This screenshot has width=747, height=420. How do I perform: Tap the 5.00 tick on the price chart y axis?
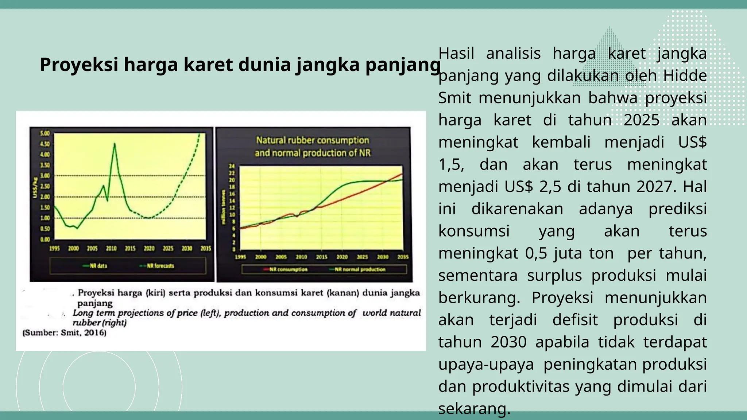[44, 133]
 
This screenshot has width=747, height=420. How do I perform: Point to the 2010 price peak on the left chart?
[115, 144]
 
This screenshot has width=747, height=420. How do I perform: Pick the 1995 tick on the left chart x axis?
[54, 248]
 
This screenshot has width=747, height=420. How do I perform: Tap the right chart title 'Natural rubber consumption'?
[312, 140]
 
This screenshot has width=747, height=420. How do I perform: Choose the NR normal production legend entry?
[360, 269]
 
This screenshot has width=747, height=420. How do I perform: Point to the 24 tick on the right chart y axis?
[232, 166]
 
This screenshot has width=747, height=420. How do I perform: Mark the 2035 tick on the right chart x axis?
[403, 257]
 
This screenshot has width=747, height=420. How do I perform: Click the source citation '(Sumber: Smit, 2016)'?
[65, 333]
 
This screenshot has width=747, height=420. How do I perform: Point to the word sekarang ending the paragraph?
[473, 409]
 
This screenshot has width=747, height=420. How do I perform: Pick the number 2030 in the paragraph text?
[508, 342]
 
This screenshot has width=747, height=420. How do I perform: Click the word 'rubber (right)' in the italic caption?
[100, 323]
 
